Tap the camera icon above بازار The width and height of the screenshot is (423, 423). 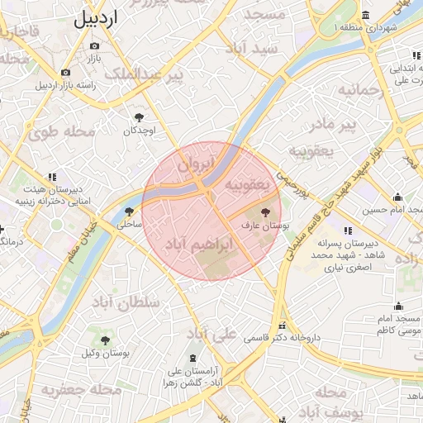coord(94,45)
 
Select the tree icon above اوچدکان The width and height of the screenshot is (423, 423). coord(139,117)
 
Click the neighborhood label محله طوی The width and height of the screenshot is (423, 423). coord(62,131)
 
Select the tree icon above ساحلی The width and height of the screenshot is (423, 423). coord(128,211)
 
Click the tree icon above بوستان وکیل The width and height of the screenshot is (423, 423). coord(106,340)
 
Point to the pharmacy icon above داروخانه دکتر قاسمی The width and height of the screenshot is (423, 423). coord(283,326)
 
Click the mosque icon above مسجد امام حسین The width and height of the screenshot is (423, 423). coord(397,197)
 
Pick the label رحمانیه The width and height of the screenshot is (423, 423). coord(376,90)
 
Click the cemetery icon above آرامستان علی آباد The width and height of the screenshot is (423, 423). coord(193,358)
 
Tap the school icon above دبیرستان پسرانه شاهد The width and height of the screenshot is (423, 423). coord(347,231)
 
